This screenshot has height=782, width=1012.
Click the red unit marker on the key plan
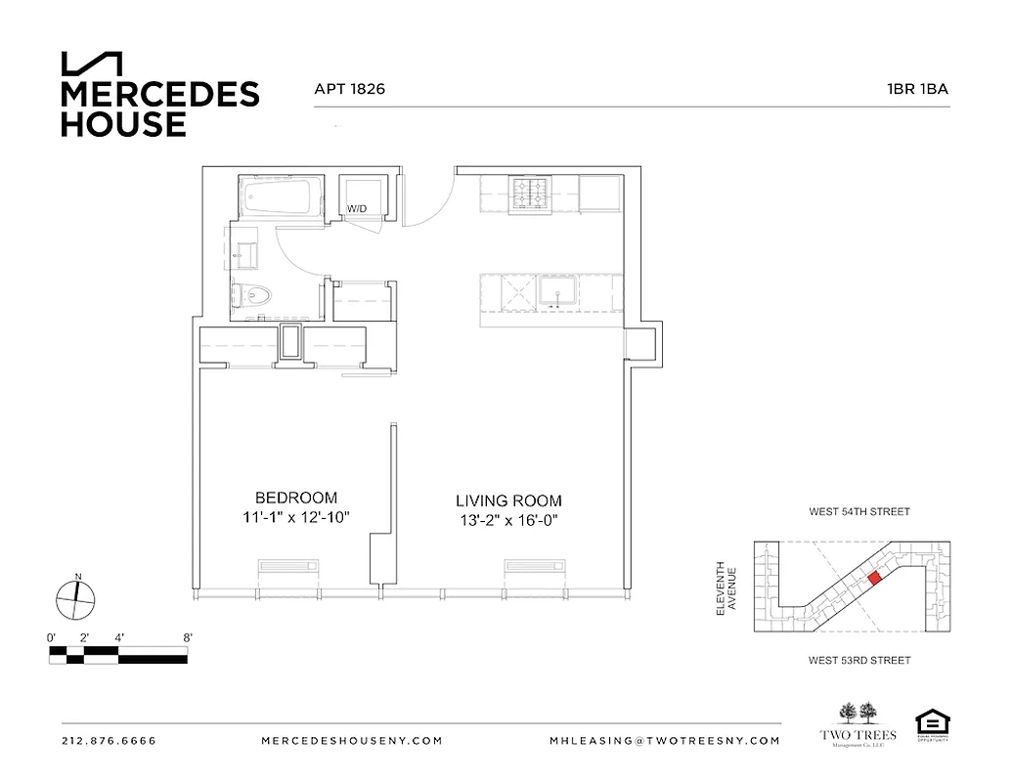874,580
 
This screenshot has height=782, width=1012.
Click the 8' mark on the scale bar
186,637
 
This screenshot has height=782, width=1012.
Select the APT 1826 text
349,89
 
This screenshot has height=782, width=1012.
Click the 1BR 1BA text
917,89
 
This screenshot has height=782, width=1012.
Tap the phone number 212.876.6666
109,741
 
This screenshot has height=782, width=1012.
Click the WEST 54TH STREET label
859,511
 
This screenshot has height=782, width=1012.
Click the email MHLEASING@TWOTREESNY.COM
665,741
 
